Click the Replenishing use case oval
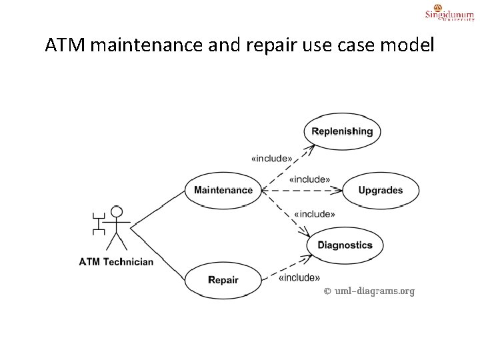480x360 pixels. tap(342, 131)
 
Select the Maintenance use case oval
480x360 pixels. tap(223, 190)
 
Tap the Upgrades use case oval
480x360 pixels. tap(380, 190)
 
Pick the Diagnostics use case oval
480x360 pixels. tap(345, 245)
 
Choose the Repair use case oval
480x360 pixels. tap(223, 280)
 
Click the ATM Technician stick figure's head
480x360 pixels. tap(117, 213)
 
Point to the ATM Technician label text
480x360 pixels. tap(116, 261)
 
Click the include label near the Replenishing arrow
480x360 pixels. tap(271, 159)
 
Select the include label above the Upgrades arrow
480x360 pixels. tap(309, 179)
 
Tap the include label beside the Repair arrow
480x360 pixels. tap(299, 277)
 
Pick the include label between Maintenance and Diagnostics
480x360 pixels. tap(314, 214)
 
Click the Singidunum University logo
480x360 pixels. tap(449, 13)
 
